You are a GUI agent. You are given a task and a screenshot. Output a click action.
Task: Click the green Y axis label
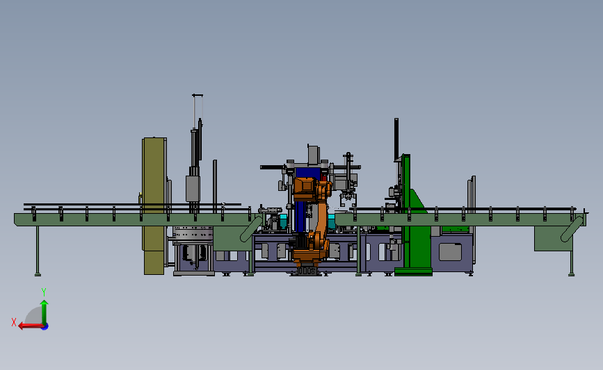(x=44, y=292)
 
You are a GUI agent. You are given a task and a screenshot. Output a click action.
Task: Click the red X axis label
(x=14, y=322)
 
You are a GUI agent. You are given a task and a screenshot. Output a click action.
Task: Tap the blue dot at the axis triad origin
(x=45, y=327)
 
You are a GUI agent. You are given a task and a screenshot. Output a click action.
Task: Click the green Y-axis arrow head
(x=45, y=303)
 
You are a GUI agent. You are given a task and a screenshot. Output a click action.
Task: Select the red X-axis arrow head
(x=22, y=326)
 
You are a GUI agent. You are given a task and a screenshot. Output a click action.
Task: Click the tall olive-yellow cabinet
(x=154, y=205)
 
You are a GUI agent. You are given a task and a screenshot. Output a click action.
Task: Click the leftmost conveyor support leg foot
(x=38, y=274)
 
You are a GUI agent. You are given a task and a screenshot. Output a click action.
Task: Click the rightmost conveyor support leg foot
(x=571, y=274)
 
